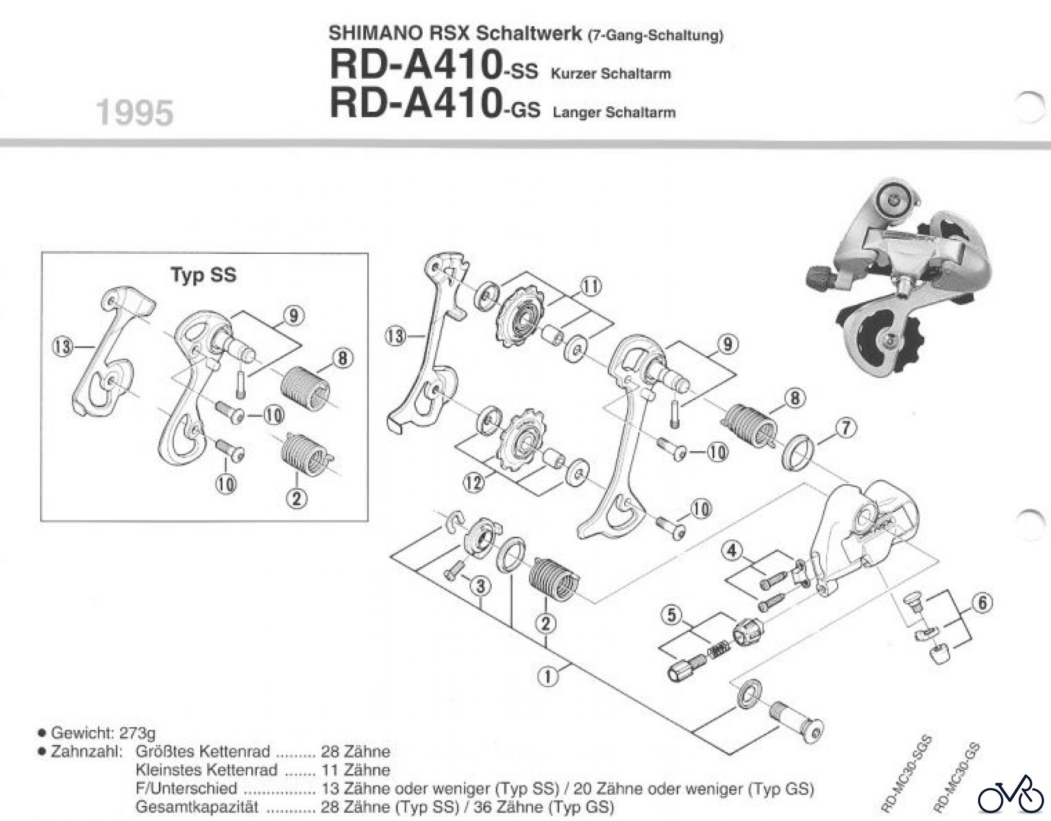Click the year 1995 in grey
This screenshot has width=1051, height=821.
pos(135,113)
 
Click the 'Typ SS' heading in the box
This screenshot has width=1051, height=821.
pos(203,274)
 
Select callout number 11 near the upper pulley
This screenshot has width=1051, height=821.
pos(591,286)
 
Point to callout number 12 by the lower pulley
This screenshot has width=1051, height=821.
pos(475,483)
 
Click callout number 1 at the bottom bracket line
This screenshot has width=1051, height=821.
pos(547,676)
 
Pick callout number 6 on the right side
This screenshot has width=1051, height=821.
pos(982,603)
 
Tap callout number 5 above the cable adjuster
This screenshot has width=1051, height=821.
pos(672,614)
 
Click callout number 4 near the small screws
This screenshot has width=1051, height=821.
pos(733,550)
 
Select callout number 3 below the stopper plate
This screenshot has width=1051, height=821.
pos(480,586)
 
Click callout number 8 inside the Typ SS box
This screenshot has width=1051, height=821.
pos(343,358)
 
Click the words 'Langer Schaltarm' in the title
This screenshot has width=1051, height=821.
pos(614,113)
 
